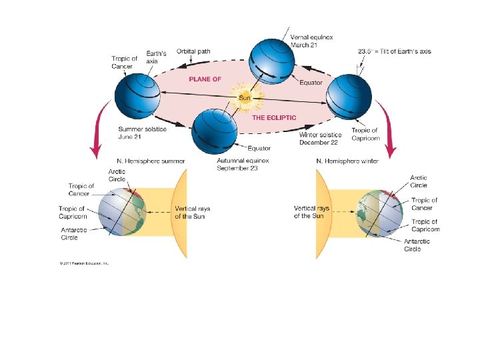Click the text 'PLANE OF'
click(205, 79)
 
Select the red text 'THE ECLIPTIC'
click(274, 117)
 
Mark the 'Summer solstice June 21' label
click(142, 133)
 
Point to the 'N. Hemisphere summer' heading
click(151, 161)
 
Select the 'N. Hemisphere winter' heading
click(347, 161)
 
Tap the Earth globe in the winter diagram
click(379, 213)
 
